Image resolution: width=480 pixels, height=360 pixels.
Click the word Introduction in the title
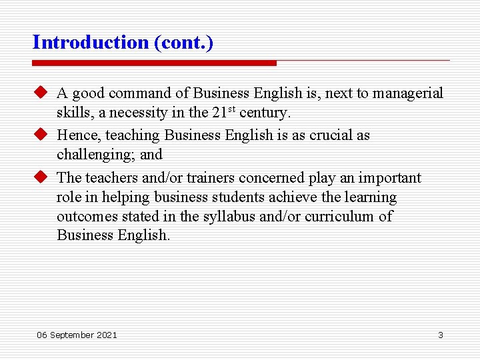91,43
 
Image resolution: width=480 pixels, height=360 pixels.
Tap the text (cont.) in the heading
183,43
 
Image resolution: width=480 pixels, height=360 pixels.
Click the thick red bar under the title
154,63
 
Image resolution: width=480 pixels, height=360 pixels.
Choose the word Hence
79,135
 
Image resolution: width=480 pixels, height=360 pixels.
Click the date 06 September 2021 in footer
77,335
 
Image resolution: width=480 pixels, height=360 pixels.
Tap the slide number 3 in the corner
440,335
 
